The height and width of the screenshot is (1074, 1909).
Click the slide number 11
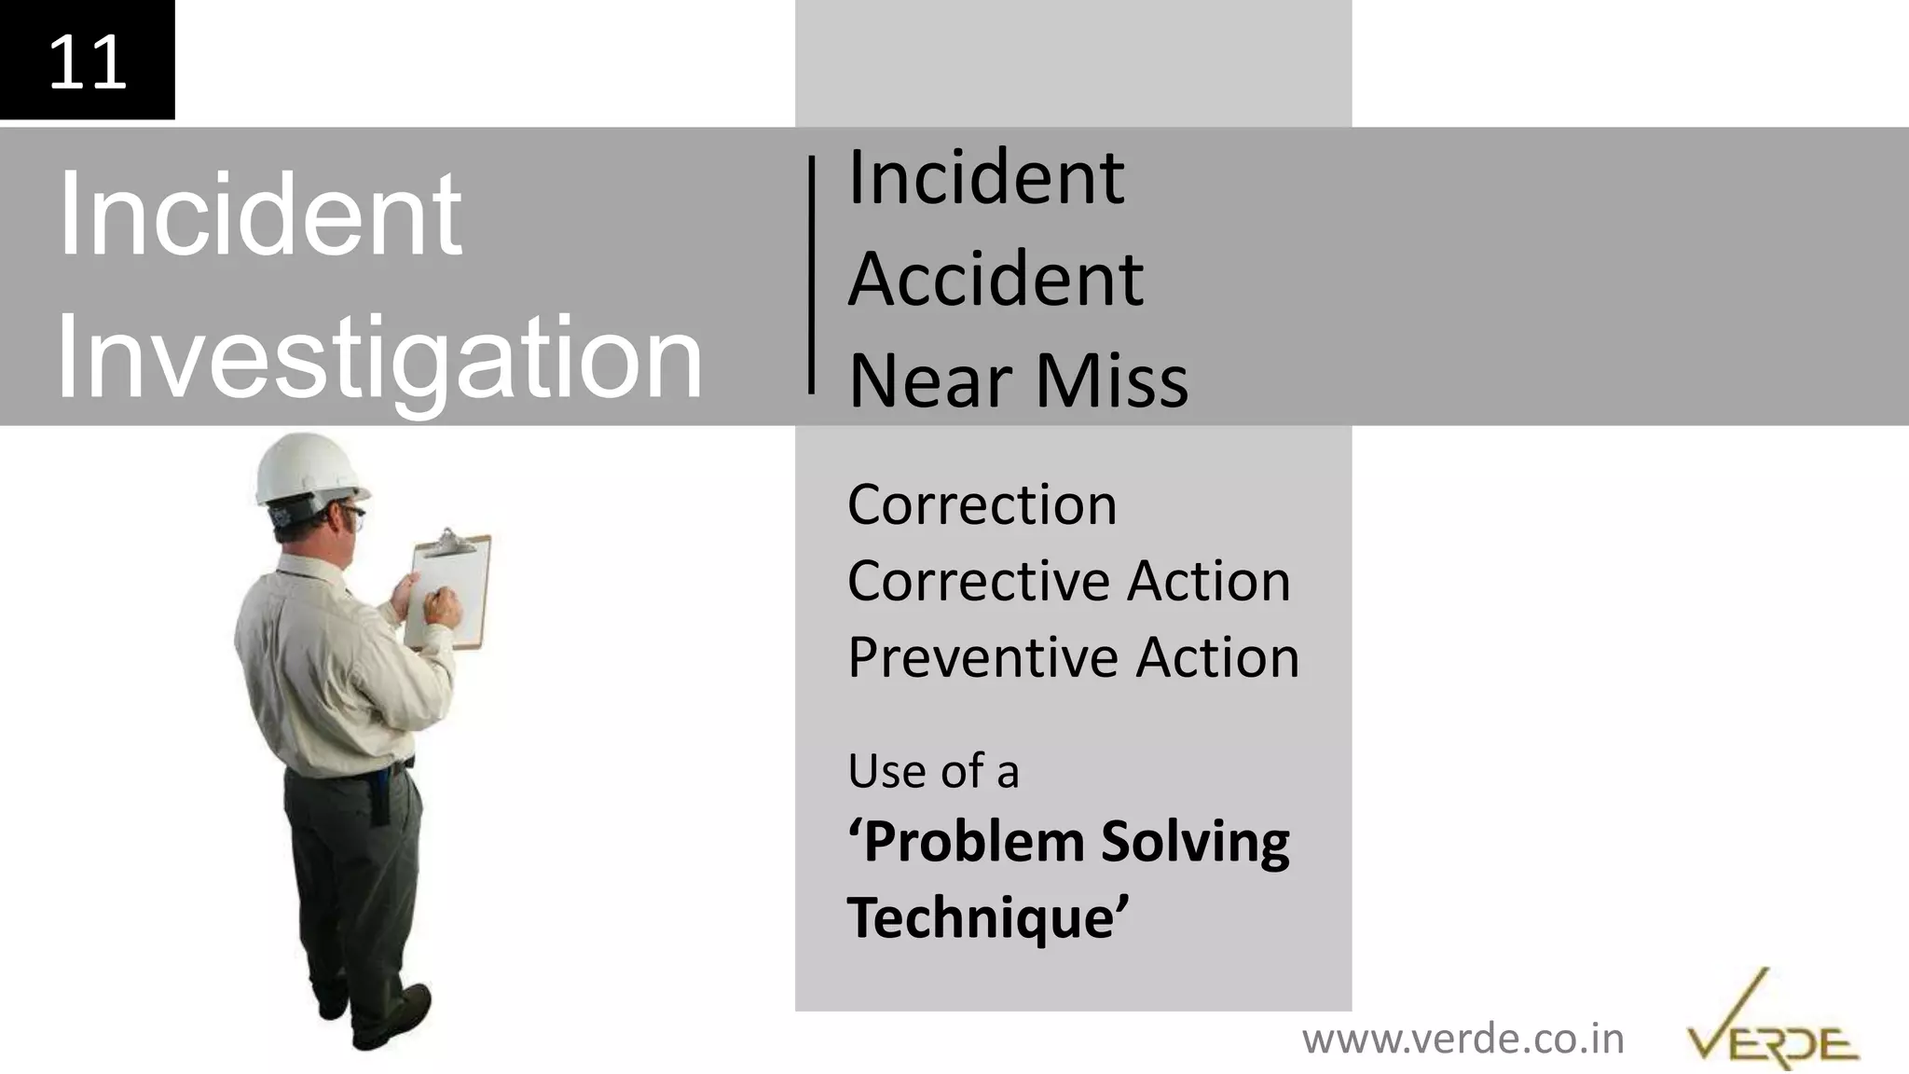pos(87,62)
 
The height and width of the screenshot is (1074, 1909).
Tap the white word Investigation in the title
pos(378,358)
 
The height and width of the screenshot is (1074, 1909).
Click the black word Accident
pos(995,279)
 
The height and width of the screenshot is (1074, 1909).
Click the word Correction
pos(982,504)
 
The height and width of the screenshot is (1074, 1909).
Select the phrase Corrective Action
pos(1068,581)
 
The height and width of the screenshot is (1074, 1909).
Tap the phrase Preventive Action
pos(1073,657)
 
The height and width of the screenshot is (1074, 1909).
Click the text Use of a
pos(933,771)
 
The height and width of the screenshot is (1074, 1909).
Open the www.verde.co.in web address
pos(1463,1039)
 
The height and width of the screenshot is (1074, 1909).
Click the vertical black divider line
pos(811,274)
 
